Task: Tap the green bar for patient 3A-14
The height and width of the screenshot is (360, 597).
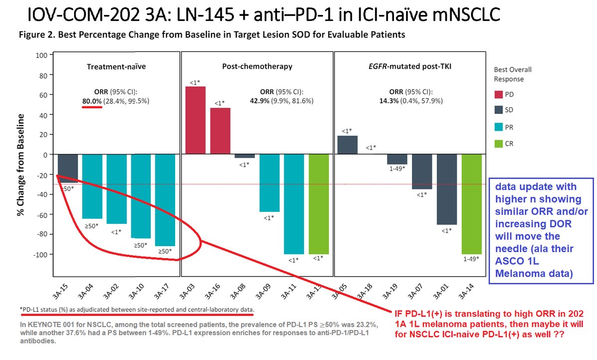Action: [471, 204]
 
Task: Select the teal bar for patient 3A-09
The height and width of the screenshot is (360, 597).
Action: [269, 183]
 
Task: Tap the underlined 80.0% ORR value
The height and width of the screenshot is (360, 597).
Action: [92, 101]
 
